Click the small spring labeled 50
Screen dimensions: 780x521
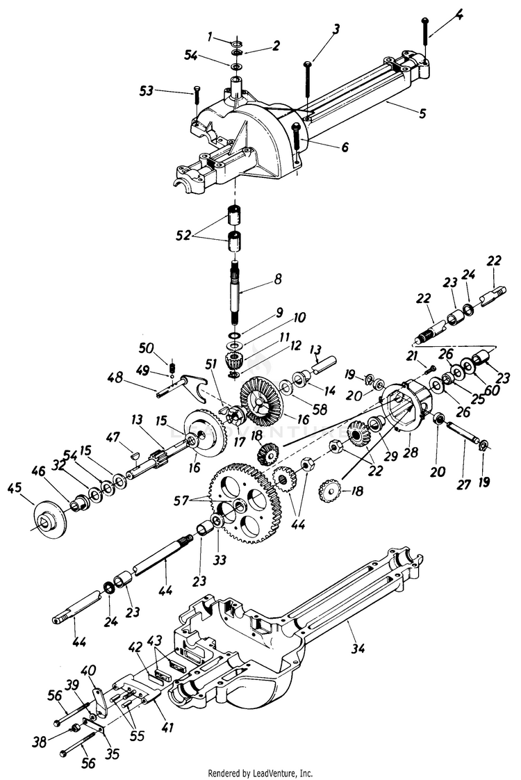coord(174,364)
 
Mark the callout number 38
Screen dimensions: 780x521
coord(40,742)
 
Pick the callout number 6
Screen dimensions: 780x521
coord(325,147)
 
